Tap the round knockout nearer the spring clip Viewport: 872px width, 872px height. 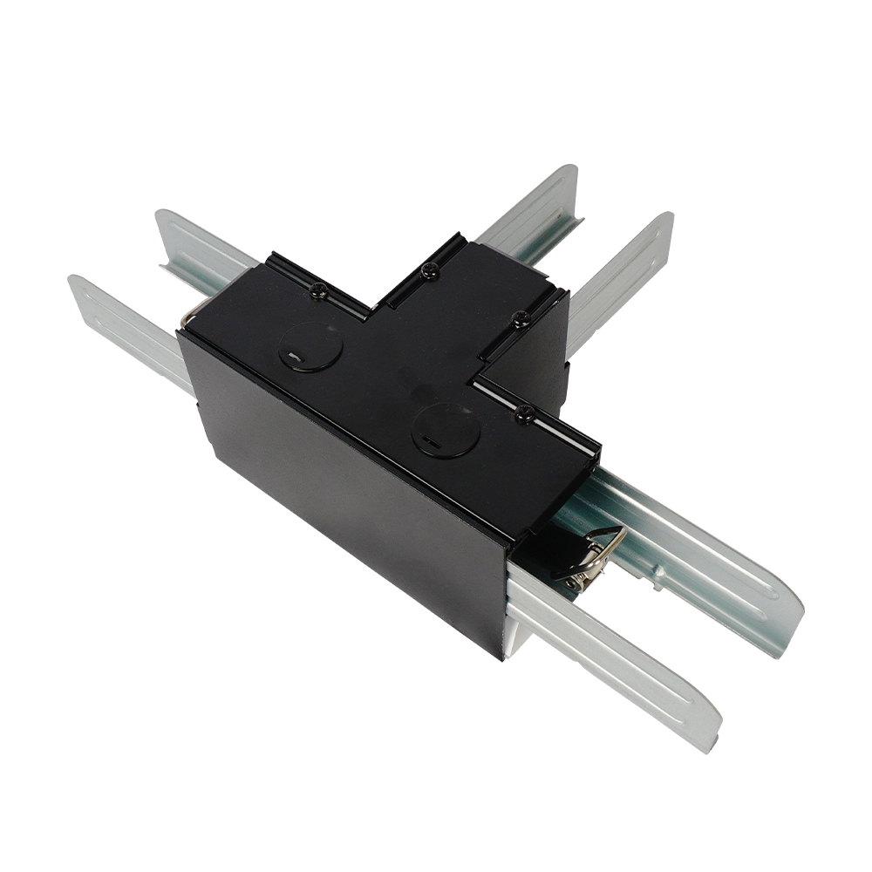pos(445,430)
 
